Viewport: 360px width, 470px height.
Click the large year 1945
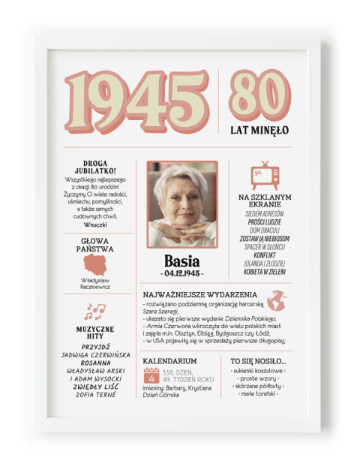coord(136,102)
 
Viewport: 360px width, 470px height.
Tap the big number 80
coord(259,95)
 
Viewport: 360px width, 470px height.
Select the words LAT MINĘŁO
coord(259,130)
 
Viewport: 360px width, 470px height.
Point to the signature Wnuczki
coord(95,224)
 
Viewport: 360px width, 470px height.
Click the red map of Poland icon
coord(95,264)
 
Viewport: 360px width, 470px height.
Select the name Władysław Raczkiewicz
coord(95,283)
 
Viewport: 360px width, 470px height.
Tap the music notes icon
coord(95,312)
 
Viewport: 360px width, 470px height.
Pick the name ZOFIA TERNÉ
coord(95,395)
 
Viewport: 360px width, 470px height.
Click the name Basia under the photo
coord(182,261)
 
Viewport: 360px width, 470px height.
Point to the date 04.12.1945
coord(182,273)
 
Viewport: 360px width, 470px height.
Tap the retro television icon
coord(265,174)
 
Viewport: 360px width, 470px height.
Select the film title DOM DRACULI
coord(265,230)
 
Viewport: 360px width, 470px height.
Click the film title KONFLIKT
coord(265,255)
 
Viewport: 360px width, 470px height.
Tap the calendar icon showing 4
coord(152,375)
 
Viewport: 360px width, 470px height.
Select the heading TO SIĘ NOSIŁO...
coord(258,361)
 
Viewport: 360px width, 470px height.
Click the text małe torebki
coord(258,393)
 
